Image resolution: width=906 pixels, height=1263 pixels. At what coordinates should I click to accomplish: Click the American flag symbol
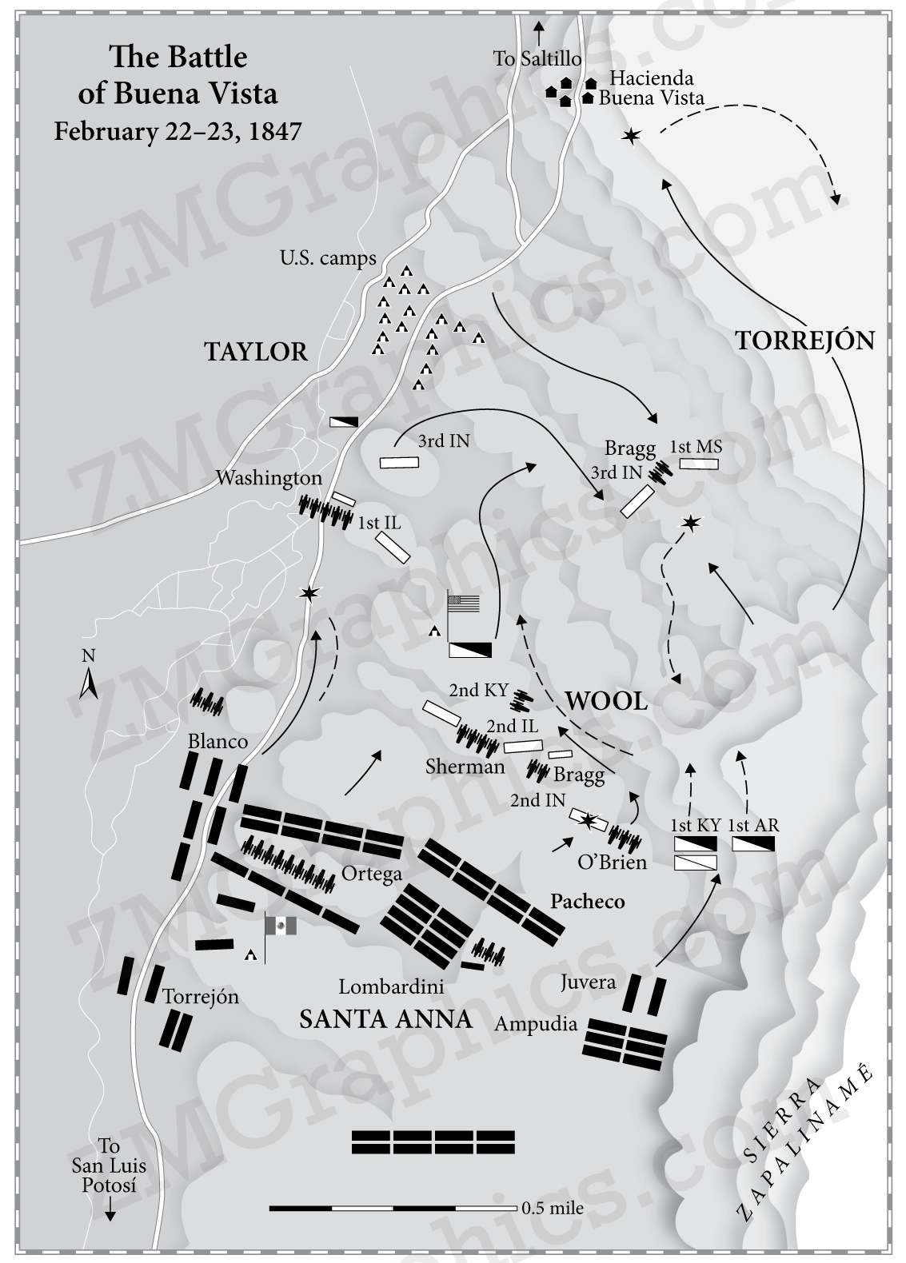(x=464, y=604)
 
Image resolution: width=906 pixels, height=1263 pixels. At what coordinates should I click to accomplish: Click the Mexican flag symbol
(x=281, y=926)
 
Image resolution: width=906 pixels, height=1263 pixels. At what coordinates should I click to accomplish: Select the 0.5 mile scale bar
(x=393, y=1208)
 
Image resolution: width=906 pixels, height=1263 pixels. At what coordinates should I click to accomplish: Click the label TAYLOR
(x=256, y=352)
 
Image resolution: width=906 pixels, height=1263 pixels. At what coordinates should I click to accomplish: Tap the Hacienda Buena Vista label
(x=651, y=88)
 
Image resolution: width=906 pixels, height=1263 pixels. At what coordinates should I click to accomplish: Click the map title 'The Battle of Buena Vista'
(x=178, y=75)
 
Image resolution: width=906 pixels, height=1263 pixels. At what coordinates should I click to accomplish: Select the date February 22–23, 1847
(x=178, y=130)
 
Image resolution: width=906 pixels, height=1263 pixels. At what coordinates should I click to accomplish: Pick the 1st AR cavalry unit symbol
(x=754, y=844)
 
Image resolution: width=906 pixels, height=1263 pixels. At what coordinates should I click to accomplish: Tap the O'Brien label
(x=612, y=863)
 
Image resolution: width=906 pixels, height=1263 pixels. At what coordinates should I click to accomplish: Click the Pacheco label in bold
(x=587, y=902)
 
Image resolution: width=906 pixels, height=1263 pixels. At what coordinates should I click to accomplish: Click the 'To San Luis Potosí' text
(x=109, y=1166)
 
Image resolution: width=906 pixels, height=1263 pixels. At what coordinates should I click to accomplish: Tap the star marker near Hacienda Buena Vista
(x=631, y=137)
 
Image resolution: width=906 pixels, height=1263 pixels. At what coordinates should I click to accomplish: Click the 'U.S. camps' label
(x=327, y=258)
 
